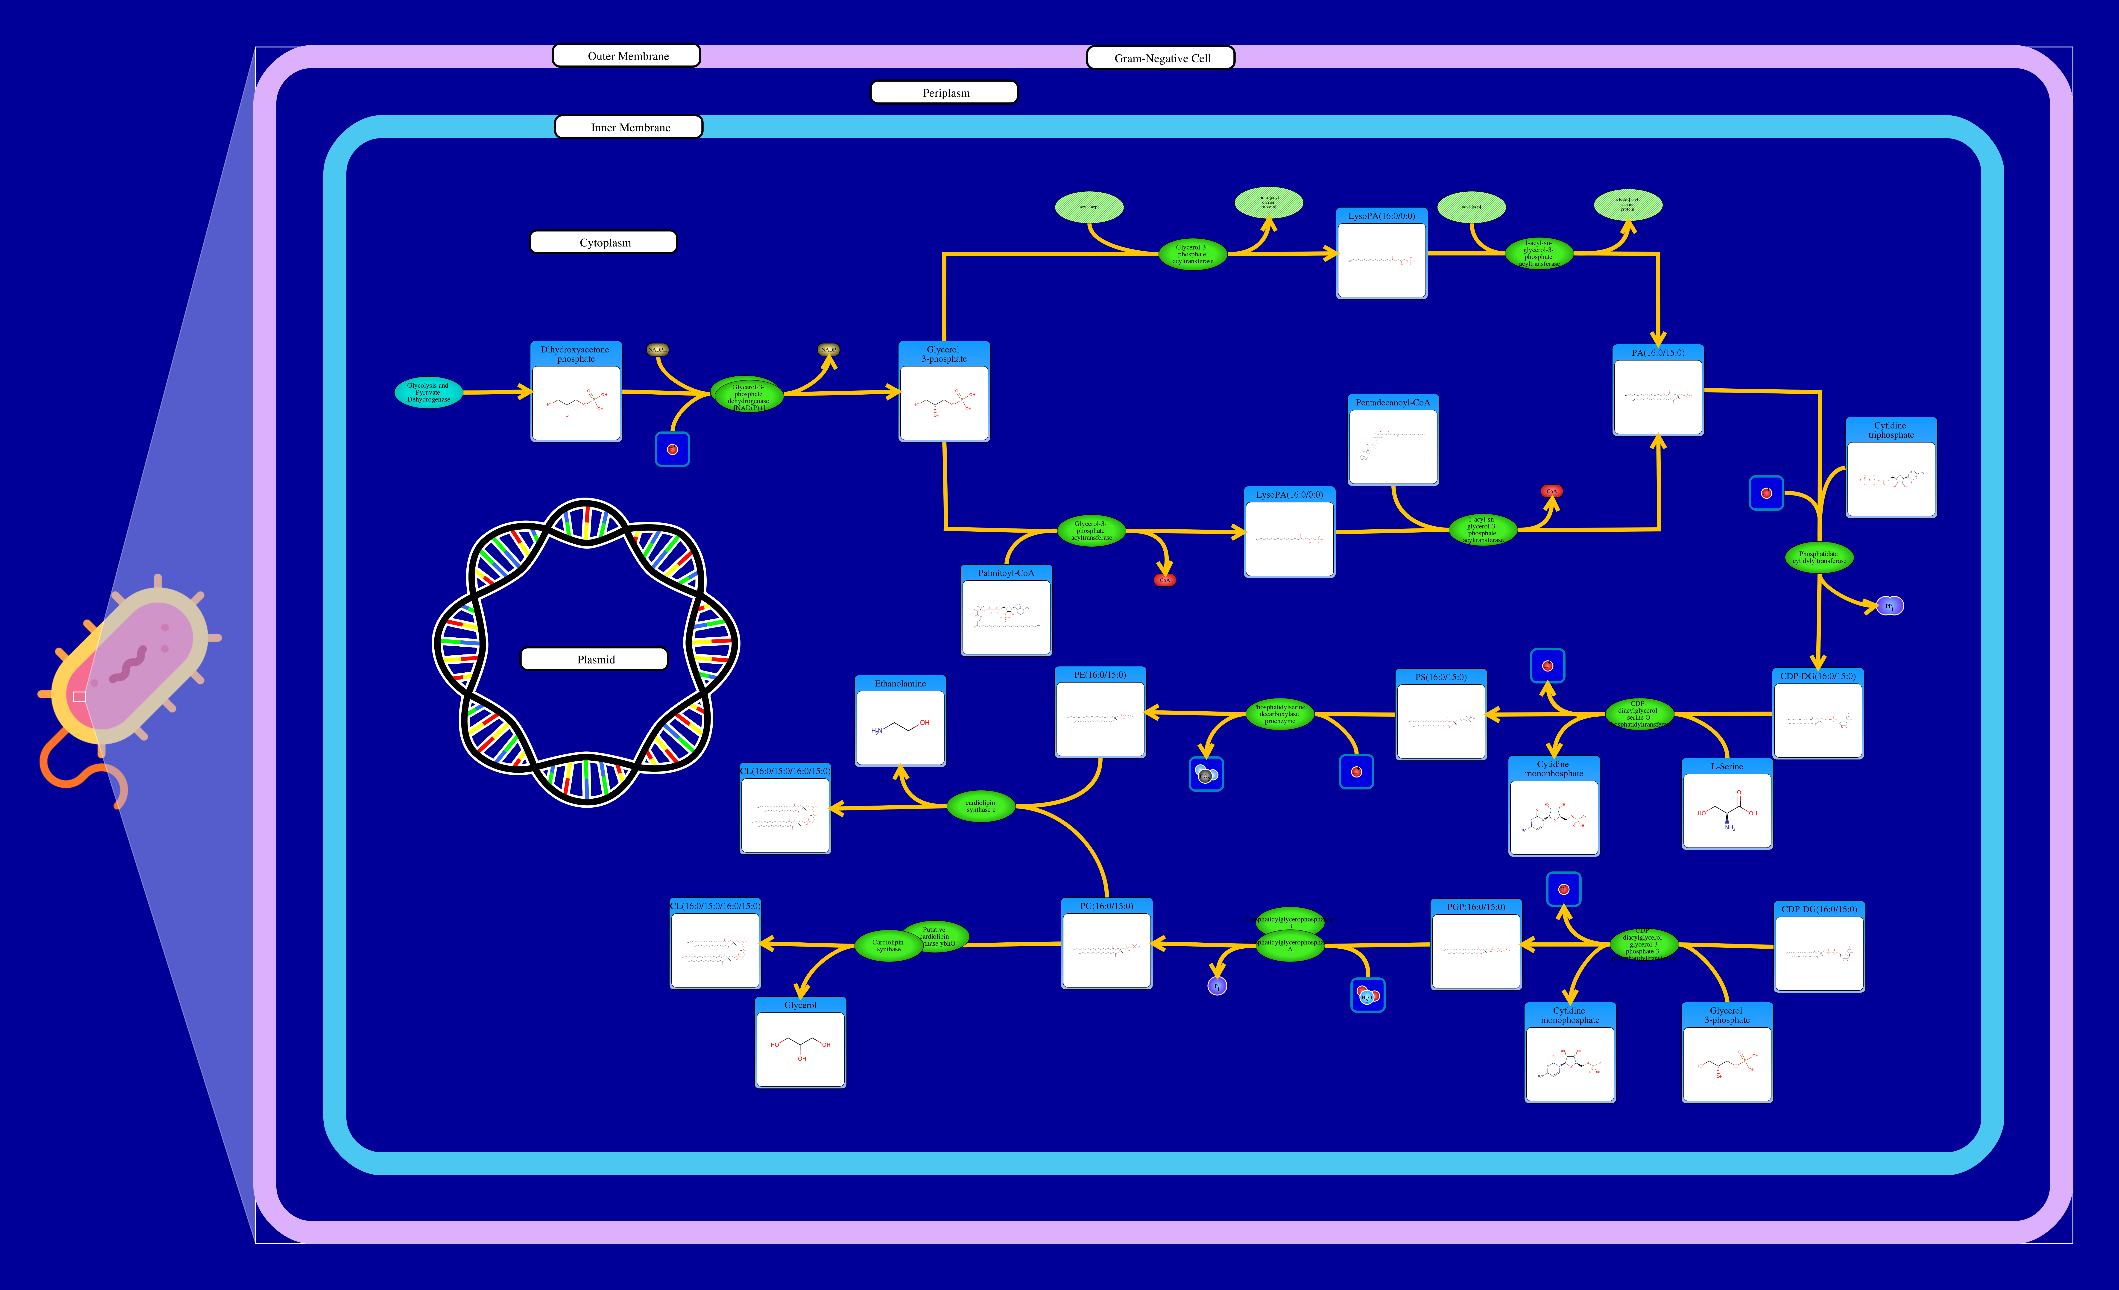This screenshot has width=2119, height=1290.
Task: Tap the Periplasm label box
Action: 944,92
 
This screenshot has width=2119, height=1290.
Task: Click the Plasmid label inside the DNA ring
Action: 594,659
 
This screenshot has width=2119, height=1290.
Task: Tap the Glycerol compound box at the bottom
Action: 800,1043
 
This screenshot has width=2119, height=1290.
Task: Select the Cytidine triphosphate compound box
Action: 1890,469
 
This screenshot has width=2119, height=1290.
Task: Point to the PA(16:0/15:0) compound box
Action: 1657,391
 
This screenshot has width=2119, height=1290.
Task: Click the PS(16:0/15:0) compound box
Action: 1440,715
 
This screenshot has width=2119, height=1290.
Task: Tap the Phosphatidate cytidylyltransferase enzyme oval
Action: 1818,557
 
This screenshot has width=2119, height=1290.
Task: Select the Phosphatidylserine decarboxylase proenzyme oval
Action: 1279,714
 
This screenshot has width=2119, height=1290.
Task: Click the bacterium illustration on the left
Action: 129,671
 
